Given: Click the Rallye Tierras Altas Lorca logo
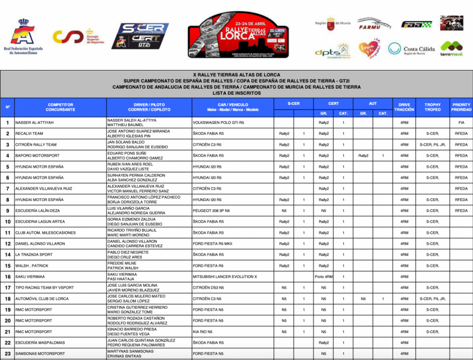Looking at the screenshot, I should (238, 35).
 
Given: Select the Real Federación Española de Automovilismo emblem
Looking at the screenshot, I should (23, 37).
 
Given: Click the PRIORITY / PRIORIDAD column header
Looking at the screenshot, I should (461, 107).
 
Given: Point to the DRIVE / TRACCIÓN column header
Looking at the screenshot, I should (404, 107).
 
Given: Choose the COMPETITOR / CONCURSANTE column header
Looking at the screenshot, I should (61, 107).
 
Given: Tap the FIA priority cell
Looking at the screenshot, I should (461, 122).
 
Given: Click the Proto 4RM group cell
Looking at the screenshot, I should (323, 277).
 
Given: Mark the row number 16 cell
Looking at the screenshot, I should (7, 277).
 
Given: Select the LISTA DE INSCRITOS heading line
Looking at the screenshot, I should (236, 93).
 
